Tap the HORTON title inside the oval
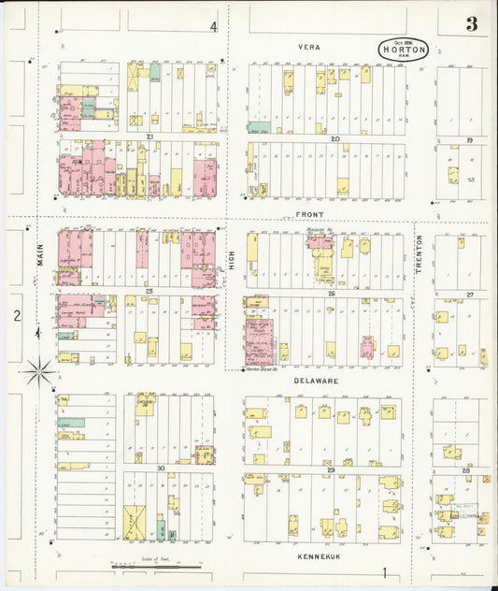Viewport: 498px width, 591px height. (404, 49)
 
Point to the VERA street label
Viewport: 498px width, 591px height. (309, 46)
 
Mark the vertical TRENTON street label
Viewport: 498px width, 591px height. (420, 253)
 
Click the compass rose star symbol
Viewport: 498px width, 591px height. (38, 371)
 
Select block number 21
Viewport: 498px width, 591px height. (149, 137)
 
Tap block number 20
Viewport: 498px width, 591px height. (334, 137)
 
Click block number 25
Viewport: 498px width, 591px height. (149, 292)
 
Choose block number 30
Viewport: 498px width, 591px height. (160, 468)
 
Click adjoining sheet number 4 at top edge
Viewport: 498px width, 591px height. (213, 26)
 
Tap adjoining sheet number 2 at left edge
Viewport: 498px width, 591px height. (17, 315)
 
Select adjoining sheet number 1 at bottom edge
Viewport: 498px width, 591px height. (383, 573)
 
